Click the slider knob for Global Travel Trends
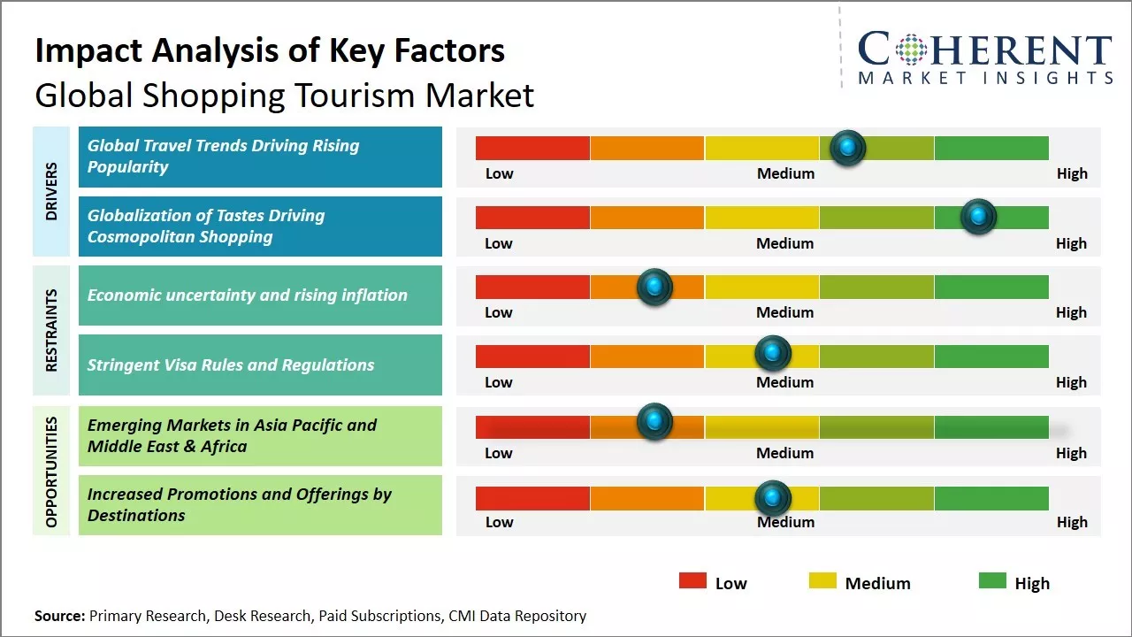[x=847, y=148]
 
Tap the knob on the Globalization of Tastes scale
[x=978, y=217]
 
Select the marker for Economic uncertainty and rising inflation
[x=654, y=287]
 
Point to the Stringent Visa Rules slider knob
[x=773, y=354]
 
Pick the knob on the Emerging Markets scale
[x=654, y=422]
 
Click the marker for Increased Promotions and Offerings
[x=773, y=498]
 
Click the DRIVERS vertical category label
[x=51, y=191]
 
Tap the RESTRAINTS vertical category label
[x=51, y=330]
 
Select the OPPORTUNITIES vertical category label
[x=51, y=472]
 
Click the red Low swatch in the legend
[x=692, y=581]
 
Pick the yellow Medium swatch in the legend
[x=822, y=581]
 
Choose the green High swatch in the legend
[x=992, y=581]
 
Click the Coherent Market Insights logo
[x=984, y=58]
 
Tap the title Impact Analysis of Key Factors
[x=270, y=51]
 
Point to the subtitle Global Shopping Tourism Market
[x=284, y=95]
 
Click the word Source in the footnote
[x=58, y=616]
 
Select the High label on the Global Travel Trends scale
[x=1072, y=173]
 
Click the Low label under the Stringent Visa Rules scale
[x=499, y=382]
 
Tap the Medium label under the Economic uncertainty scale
[x=785, y=312]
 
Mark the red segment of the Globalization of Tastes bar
[x=532, y=218]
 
